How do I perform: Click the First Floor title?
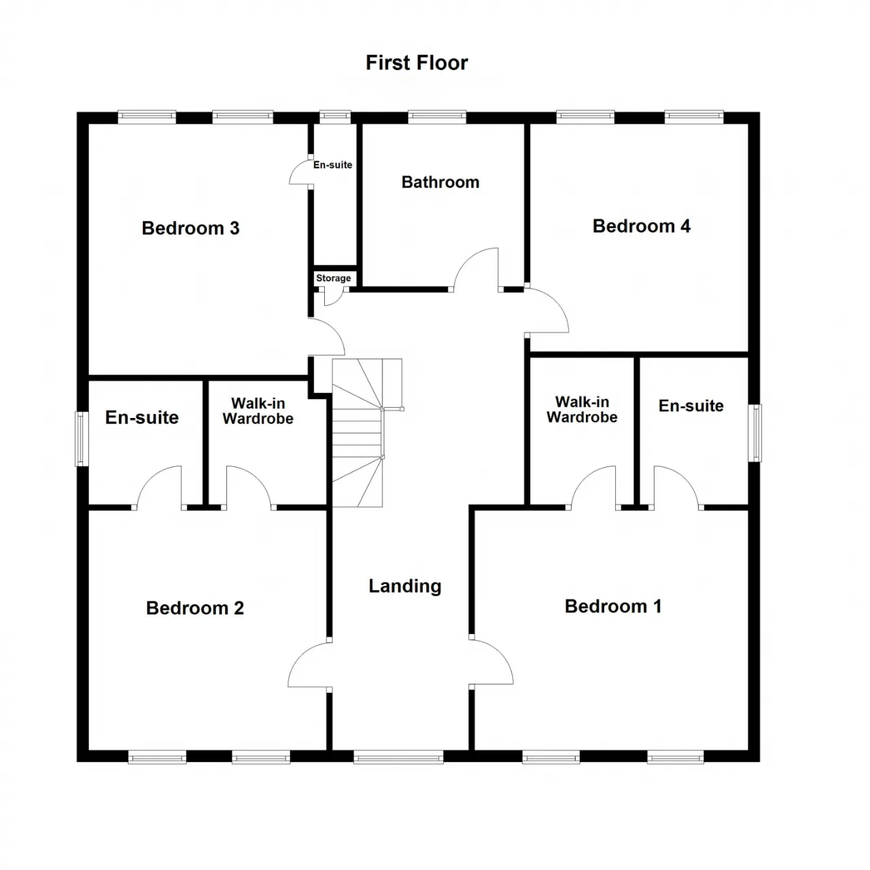click(416, 63)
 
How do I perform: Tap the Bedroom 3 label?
click(190, 228)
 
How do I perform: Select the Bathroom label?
click(440, 182)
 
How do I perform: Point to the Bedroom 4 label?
click(641, 226)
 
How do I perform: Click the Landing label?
click(405, 586)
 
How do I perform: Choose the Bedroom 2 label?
click(194, 608)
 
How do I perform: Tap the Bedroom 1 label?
click(613, 606)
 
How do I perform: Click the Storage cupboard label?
click(333, 278)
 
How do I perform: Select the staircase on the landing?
click(367, 432)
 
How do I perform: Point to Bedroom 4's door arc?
click(555, 302)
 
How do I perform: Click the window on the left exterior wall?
click(81, 438)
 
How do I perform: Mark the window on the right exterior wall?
click(755, 433)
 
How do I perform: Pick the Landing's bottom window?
click(398, 756)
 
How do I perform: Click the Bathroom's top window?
click(436, 118)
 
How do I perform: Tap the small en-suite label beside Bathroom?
click(333, 164)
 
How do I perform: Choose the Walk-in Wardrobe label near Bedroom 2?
click(258, 411)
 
